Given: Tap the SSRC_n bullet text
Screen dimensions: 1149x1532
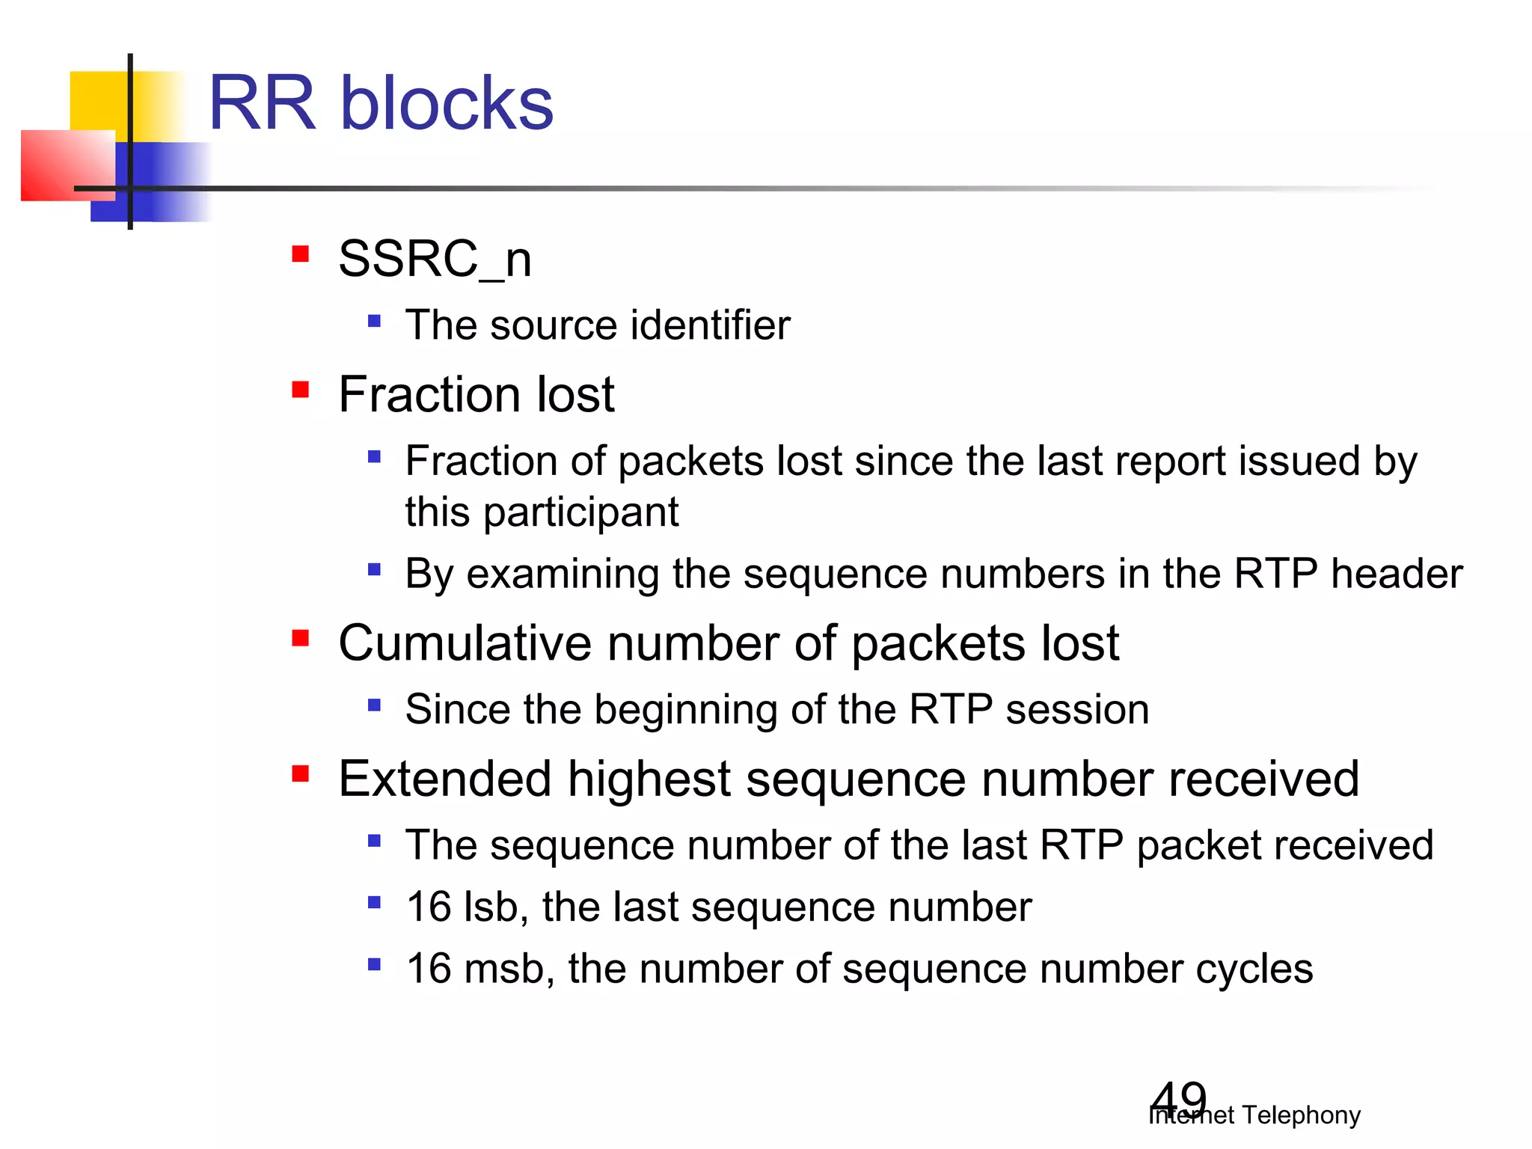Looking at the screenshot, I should [x=435, y=259].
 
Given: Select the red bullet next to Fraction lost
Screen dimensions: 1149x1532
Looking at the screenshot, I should [x=301, y=390].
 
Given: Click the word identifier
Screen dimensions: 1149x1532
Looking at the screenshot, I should [x=710, y=325].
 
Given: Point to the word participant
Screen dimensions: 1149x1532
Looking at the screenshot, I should [x=580, y=513].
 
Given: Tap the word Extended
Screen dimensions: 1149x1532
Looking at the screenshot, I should [x=444, y=779].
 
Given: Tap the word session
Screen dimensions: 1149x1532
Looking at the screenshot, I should [x=1076, y=710].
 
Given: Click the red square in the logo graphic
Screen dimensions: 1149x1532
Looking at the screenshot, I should [x=67, y=165].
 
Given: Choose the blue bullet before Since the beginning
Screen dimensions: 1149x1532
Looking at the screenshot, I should [x=375, y=705].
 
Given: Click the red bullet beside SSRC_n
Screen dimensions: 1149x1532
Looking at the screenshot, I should [x=301, y=254].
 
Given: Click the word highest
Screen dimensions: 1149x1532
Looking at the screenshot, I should [x=649, y=779].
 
